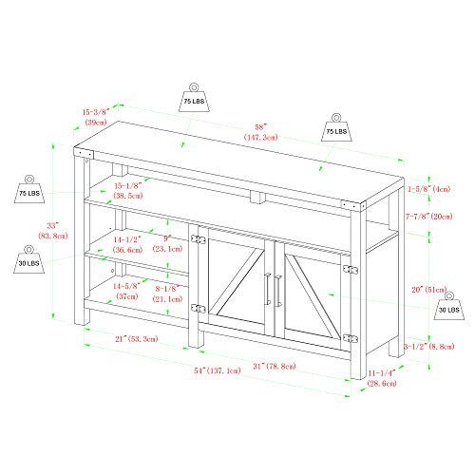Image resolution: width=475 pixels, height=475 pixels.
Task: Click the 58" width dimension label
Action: point(260,132)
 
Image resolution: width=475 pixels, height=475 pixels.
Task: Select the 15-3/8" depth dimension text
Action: point(96,117)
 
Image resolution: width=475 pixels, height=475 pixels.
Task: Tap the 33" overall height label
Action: point(53,231)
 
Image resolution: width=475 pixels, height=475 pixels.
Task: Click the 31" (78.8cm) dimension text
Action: point(275,366)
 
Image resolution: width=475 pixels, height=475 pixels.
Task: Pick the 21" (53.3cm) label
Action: point(137,339)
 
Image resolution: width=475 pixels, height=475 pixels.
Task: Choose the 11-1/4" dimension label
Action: point(382,378)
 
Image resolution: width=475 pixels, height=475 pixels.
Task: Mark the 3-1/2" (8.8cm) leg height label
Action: point(429,347)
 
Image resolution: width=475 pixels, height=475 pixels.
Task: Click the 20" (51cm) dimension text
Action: point(429,290)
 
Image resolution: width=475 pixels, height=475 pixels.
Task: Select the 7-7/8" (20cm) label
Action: point(429,217)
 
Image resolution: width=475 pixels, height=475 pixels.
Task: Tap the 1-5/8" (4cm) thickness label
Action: point(428,189)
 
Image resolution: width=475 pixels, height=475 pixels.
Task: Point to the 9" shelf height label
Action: point(167,243)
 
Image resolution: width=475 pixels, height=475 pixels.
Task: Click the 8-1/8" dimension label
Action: point(167,294)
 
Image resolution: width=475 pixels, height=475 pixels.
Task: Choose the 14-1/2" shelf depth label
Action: point(127,244)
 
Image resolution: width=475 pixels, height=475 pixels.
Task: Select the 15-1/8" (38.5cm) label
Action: point(128,190)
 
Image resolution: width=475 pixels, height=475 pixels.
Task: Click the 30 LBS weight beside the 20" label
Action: point(449,306)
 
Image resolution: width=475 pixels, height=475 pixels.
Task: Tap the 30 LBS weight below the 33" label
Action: point(28,259)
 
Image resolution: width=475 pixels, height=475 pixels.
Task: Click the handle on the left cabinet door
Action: point(268,289)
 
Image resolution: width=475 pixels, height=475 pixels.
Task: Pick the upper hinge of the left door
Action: point(199,239)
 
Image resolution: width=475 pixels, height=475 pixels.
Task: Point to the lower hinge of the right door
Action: point(351,338)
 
